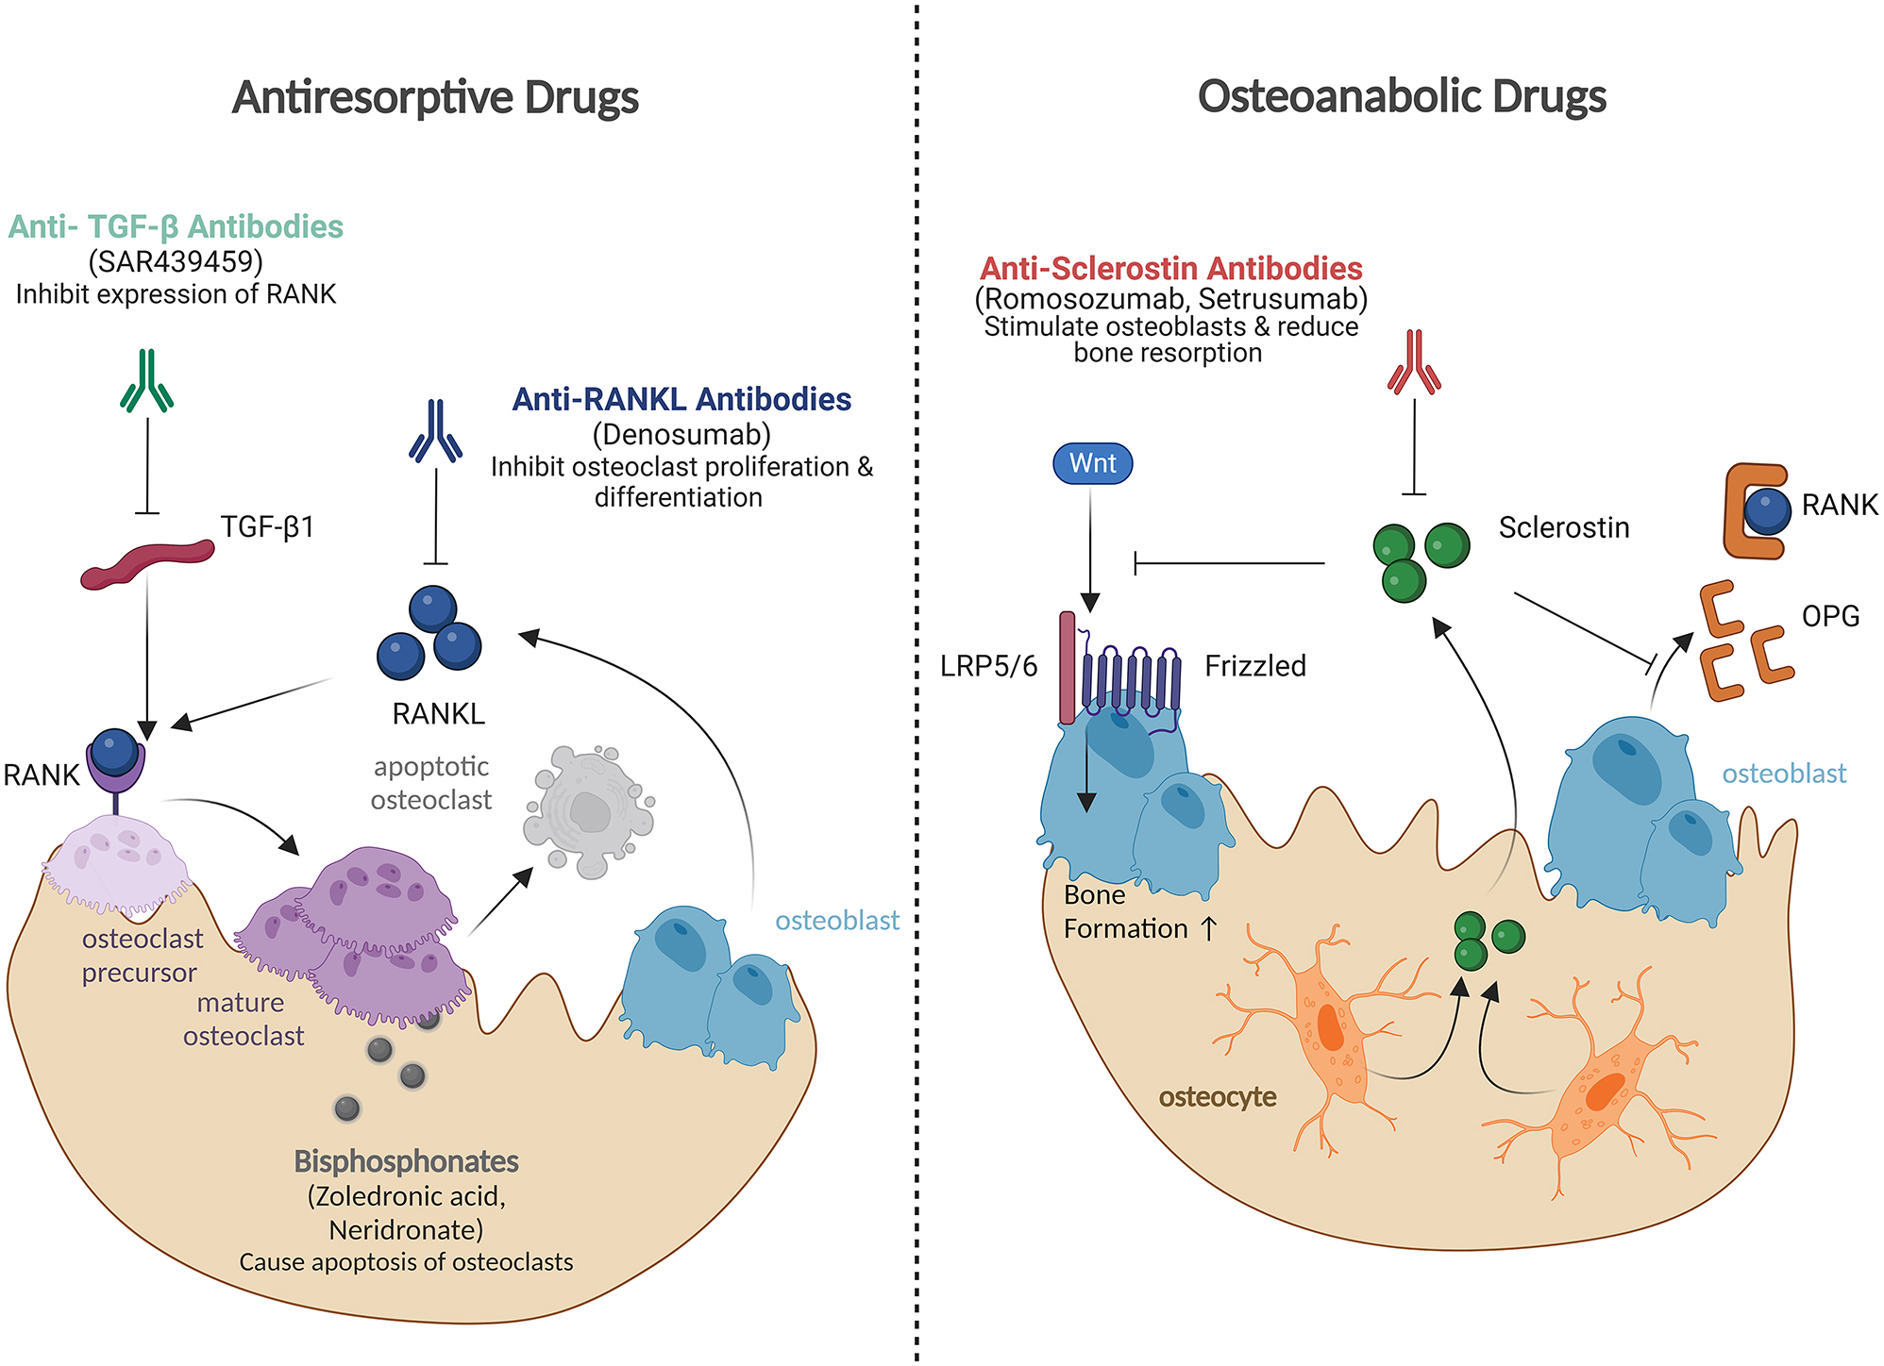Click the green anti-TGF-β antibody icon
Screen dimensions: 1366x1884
(x=146, y=381)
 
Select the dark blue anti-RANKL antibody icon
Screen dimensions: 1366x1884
(x=435, y=431)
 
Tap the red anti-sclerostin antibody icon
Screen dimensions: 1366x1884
(x=1414, y=362)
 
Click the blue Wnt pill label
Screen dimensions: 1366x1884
(x=1092, y=463)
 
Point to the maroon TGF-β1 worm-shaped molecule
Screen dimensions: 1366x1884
(x=146, y=563)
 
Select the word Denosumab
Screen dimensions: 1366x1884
(x=681, y=434)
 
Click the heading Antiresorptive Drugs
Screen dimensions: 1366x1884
(x=435, y=97)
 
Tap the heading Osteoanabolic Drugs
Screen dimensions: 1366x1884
(x=1402, y=97)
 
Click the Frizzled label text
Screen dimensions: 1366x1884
(x=1254, y=666)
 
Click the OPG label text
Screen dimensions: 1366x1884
(x=1830, y=616)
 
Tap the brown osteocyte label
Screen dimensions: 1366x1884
(x=1217, y=1097)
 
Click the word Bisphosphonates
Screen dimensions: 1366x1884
(x=406, y=1161)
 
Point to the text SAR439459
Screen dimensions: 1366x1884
(x=176, y=260)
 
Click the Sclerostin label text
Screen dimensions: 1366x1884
(x=1563, y=527)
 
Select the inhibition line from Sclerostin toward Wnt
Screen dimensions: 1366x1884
(x=1227, y=564)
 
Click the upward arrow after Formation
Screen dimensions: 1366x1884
(x=1208, y=928)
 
